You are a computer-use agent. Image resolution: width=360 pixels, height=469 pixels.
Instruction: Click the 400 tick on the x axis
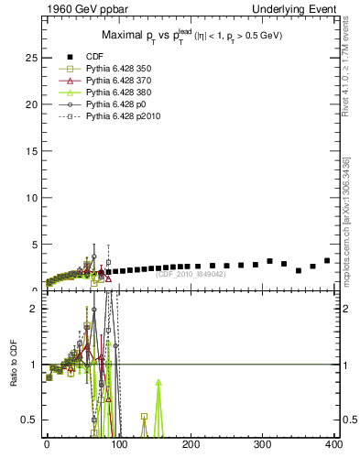[333, 446]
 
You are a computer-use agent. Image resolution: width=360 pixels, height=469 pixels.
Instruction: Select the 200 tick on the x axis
[191, 446]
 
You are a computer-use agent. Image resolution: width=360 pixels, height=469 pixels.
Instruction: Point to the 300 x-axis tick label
[262, 446]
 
